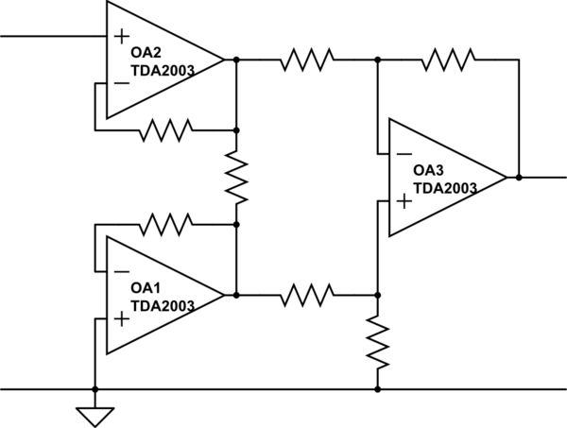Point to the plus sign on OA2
pyautogui.click(x=122, y=37)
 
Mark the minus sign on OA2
pyautogui.click(x=122, y=83)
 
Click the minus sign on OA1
pyautogui.click(x=122, y=271)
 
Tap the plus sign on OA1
pyautogui.click(x=122, y=318)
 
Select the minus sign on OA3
pyautogui.click(x=404, y=153)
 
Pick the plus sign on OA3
pyautogui.click(x=404, y=199)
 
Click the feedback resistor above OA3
pyautogui.click(x=448, y=60)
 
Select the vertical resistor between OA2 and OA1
pyautogui.click(x=236, y=178)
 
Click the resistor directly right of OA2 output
pyautogui.click(x=306, y=60)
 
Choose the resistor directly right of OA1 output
pyautogui.click(x=306, y=295)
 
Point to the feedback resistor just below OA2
pyautogui.click(x=165, y=130)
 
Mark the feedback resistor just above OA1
pyautogui.click(x=165, y=224)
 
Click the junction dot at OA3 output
pyautogui.click(x=519, y=177)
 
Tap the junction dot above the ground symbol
pyautogui.click(x=94, y=388)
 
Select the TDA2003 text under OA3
pyautogui.click(x=446, y=187)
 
